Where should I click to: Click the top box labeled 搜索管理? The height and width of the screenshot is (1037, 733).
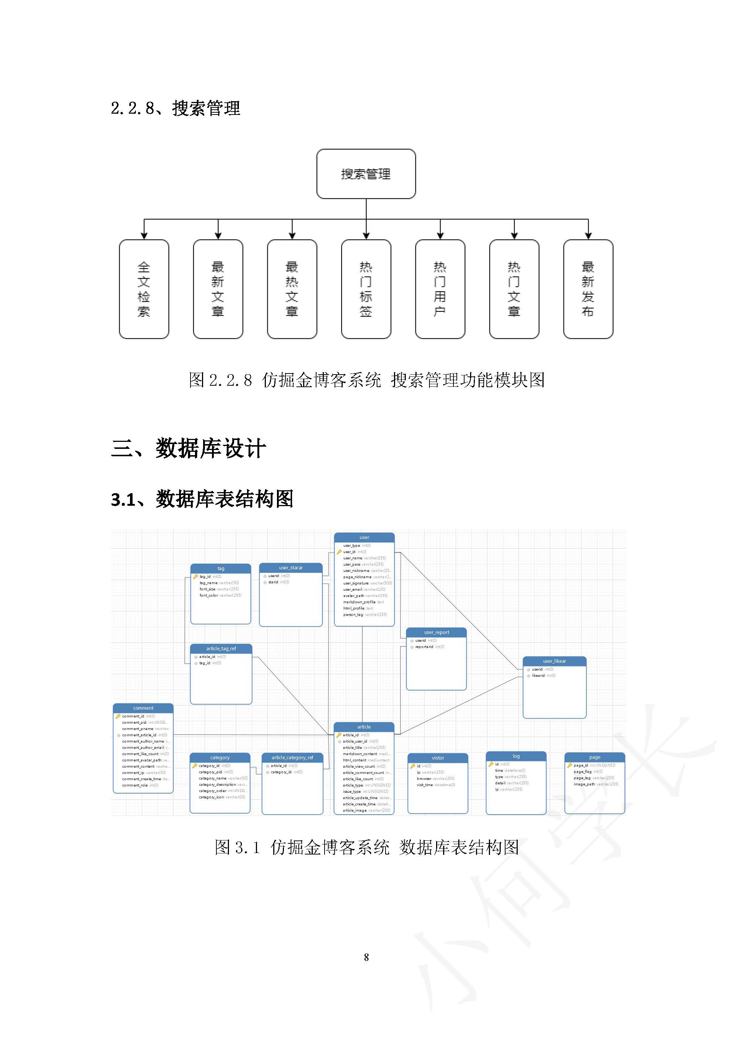tap(366, 174)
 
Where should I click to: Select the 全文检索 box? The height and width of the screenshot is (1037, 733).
tap(144, 289)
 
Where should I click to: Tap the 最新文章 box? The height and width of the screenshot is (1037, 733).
tap(217, 289)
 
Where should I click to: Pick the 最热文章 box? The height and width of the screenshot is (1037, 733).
tap(292, 289)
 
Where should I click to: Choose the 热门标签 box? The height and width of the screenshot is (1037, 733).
tap(366, 289)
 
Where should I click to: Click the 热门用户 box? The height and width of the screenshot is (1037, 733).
tap(440, 289)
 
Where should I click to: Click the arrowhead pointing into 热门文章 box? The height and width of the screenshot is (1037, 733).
tap(514, 235)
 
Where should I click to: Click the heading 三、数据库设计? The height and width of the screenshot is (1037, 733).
tap(188, 448)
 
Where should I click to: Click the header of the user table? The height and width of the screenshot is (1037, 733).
tap(364, 538)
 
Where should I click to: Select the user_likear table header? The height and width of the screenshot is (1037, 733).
tap(554, 661)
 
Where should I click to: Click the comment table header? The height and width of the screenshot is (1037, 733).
tap(143, 708)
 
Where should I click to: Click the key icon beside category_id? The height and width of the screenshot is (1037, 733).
tap(195, 765)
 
